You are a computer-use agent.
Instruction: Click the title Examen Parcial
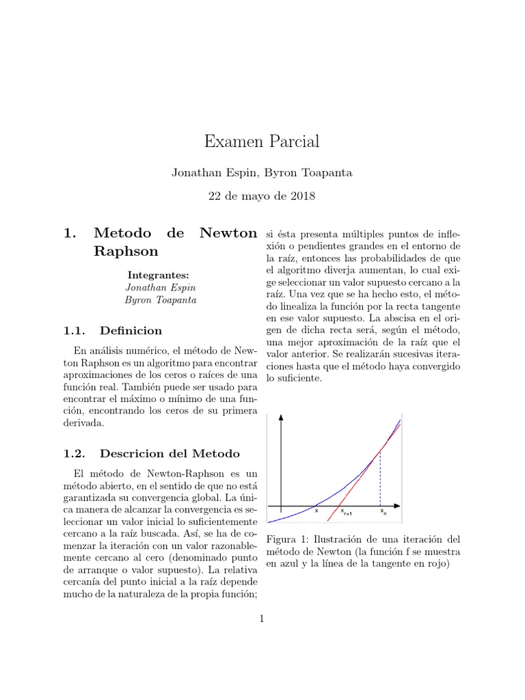pos(262,142)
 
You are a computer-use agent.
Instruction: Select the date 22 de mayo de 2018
pos(262,196)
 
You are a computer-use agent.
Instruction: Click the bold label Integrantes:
pos(159,275)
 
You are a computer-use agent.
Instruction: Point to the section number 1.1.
pos(73,331)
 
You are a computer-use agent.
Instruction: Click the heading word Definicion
pos(131,331)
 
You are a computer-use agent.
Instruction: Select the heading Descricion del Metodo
pos(170,453)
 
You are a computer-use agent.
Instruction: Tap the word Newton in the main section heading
pos(228,233)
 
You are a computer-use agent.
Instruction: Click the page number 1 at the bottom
pos(262,619)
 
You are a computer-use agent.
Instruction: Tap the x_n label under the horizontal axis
pos(382,511)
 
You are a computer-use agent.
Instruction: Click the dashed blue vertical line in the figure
pos(380,479)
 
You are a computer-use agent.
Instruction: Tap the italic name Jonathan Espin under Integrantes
pos(159,287)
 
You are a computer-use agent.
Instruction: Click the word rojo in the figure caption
pos(435,565)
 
